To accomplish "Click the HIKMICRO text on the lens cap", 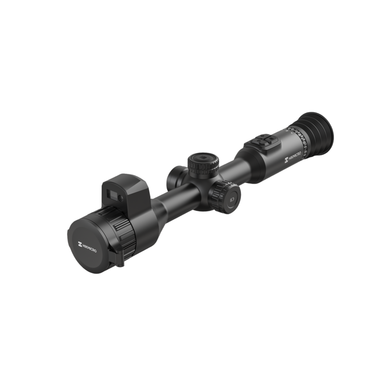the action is click(89, 248).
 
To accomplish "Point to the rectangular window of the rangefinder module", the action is click(111, 193).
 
